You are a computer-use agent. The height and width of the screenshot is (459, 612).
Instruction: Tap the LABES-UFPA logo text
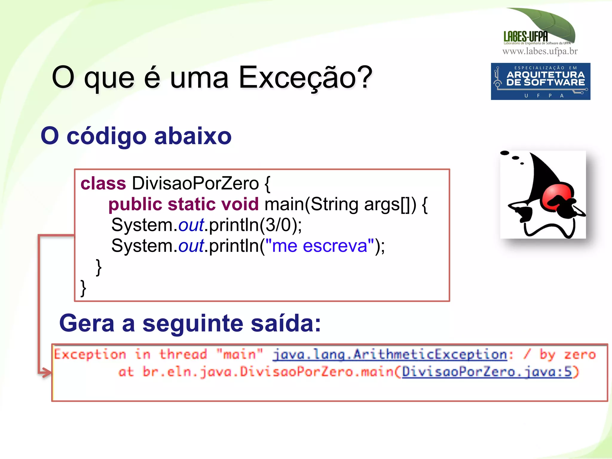point(526,36)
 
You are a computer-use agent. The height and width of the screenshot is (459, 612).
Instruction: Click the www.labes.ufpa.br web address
point(540,51)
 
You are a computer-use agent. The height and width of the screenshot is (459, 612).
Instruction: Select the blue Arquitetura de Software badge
point(540,81)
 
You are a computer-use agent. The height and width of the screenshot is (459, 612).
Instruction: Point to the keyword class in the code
point(103,183)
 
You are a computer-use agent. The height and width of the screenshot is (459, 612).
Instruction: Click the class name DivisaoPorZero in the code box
point(195,183)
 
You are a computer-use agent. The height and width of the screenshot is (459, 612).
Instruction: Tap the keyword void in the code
point(240,204)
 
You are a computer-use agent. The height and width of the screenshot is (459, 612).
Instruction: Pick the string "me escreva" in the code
point(319,246)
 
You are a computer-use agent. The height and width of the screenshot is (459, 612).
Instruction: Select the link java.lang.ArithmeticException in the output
point(390,355)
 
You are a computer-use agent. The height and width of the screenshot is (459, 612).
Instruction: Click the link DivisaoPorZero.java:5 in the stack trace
point(486,372)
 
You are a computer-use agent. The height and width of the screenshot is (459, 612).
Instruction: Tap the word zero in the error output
point(579,355)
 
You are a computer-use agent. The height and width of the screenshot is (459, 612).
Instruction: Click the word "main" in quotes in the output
point(239,355)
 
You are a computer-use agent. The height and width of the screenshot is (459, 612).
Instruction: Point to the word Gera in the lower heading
point(87,324)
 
